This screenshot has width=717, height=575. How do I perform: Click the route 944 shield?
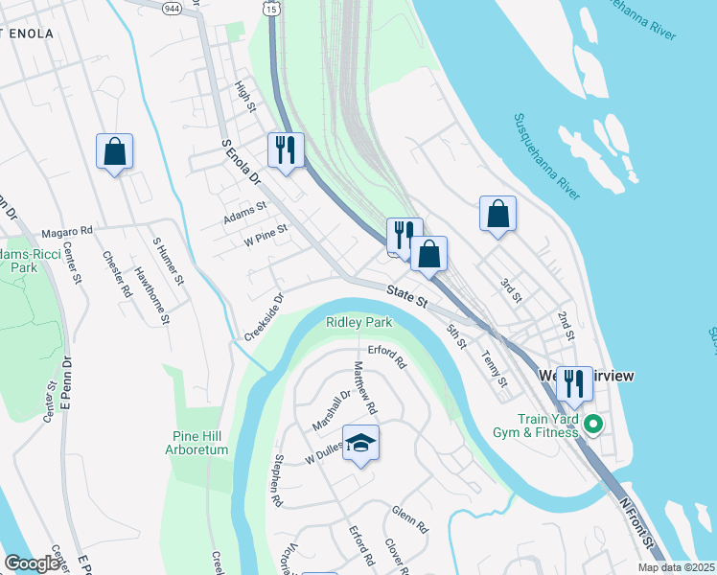[173, 8]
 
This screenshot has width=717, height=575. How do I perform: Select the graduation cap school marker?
[361, 443]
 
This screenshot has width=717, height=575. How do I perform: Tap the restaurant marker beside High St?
[286, 150]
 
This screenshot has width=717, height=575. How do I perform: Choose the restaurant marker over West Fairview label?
[574, 384]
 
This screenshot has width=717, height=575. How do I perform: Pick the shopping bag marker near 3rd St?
[498, 215]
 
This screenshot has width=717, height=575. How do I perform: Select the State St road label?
[407, 295]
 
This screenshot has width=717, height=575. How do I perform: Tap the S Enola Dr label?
[242, 162]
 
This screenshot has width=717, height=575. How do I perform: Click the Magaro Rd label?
[67, 231]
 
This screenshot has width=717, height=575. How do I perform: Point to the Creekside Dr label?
[265, 317]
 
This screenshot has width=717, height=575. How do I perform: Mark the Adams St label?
[244, 212]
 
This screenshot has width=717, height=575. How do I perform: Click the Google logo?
[32, 563]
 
